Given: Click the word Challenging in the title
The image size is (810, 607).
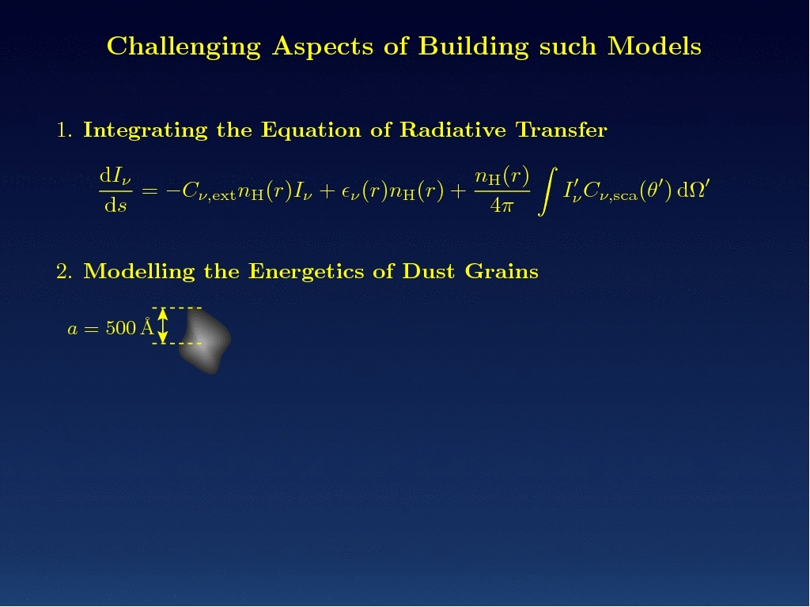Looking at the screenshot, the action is coord(184,47).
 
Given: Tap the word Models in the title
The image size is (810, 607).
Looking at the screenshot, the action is coord(654,46).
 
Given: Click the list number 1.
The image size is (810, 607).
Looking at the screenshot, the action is coord(64,130).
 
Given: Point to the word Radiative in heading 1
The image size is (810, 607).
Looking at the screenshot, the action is coord(453,130).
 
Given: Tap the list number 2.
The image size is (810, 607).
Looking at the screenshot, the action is coord(64,272).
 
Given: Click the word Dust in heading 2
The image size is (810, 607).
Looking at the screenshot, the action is coord(428,272).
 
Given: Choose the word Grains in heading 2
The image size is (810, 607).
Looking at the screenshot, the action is coord(502,272).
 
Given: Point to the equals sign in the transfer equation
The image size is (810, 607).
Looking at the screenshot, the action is coord(150,191).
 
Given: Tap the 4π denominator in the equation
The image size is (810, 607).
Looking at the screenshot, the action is coord(502,205).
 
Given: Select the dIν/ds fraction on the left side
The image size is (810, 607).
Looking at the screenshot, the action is coord(115,191).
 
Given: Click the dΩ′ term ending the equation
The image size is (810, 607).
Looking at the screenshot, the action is coord(693,190).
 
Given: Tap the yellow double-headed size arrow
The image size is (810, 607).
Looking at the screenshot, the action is coord(163,325).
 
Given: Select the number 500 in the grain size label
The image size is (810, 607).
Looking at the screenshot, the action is coord(121,328).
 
